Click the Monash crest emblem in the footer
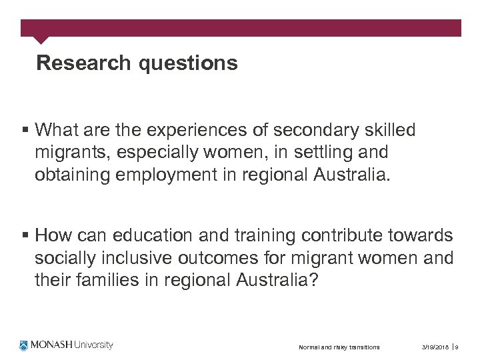point(25,345)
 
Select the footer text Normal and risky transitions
point(339,347)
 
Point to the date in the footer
point(435,347)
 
